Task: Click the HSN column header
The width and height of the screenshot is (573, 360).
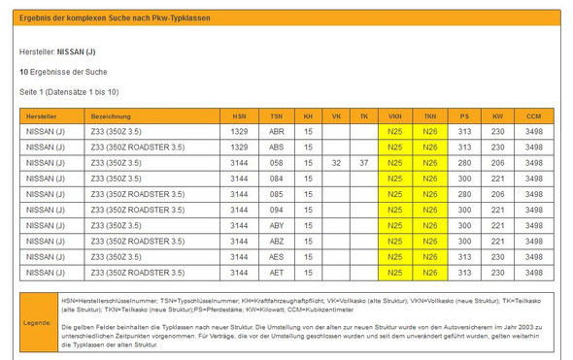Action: tap(240, 115)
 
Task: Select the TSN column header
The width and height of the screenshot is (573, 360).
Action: tap(277, 115)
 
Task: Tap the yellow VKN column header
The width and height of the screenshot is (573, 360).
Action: tap(394, 115)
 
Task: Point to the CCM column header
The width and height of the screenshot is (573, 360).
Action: tap(533, 115)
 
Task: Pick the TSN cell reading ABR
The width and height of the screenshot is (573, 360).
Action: tap(277, 131)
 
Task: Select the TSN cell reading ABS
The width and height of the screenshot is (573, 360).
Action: tap(277, 147)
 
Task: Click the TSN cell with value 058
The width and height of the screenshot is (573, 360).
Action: tap(277, 163)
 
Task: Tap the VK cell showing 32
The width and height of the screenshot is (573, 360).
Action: tap(336, 163)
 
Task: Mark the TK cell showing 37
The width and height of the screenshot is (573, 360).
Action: tap(364, 163)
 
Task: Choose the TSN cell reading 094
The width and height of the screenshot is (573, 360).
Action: tap(277, 210)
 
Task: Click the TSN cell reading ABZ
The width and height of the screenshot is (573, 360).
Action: tap(277, 242)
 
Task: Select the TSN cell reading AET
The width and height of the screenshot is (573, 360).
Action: tap(277, 273)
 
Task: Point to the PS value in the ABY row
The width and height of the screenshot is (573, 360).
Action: tap(464, 225)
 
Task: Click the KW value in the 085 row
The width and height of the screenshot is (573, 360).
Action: tap(497, 194)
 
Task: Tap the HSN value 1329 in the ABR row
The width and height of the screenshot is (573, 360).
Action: tap(240, 131)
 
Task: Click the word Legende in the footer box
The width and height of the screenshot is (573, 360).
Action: tap(38, 320)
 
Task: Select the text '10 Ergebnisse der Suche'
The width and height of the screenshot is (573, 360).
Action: tap(63, 73)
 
